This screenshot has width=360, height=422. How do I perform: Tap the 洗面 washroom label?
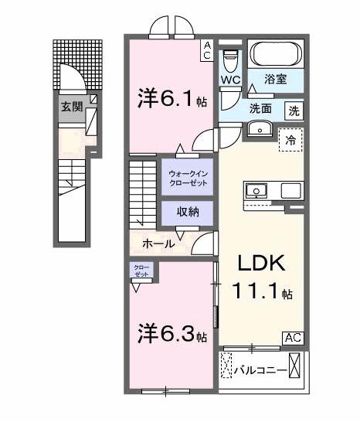pyautogui.click(x=260, y=109)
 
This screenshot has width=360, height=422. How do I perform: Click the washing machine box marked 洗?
pyautogui.click(x=294, y=110)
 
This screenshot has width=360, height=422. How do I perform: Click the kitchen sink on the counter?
pyautogui.click(x=256, y=190)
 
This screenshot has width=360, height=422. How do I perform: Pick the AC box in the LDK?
pyautogui.click(x=293, y=337)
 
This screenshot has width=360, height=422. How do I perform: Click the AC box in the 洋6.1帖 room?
pyautogui.click(x=208, y=50)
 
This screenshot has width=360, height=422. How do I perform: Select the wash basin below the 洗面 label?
pyautogui.click(x=259, y=129)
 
